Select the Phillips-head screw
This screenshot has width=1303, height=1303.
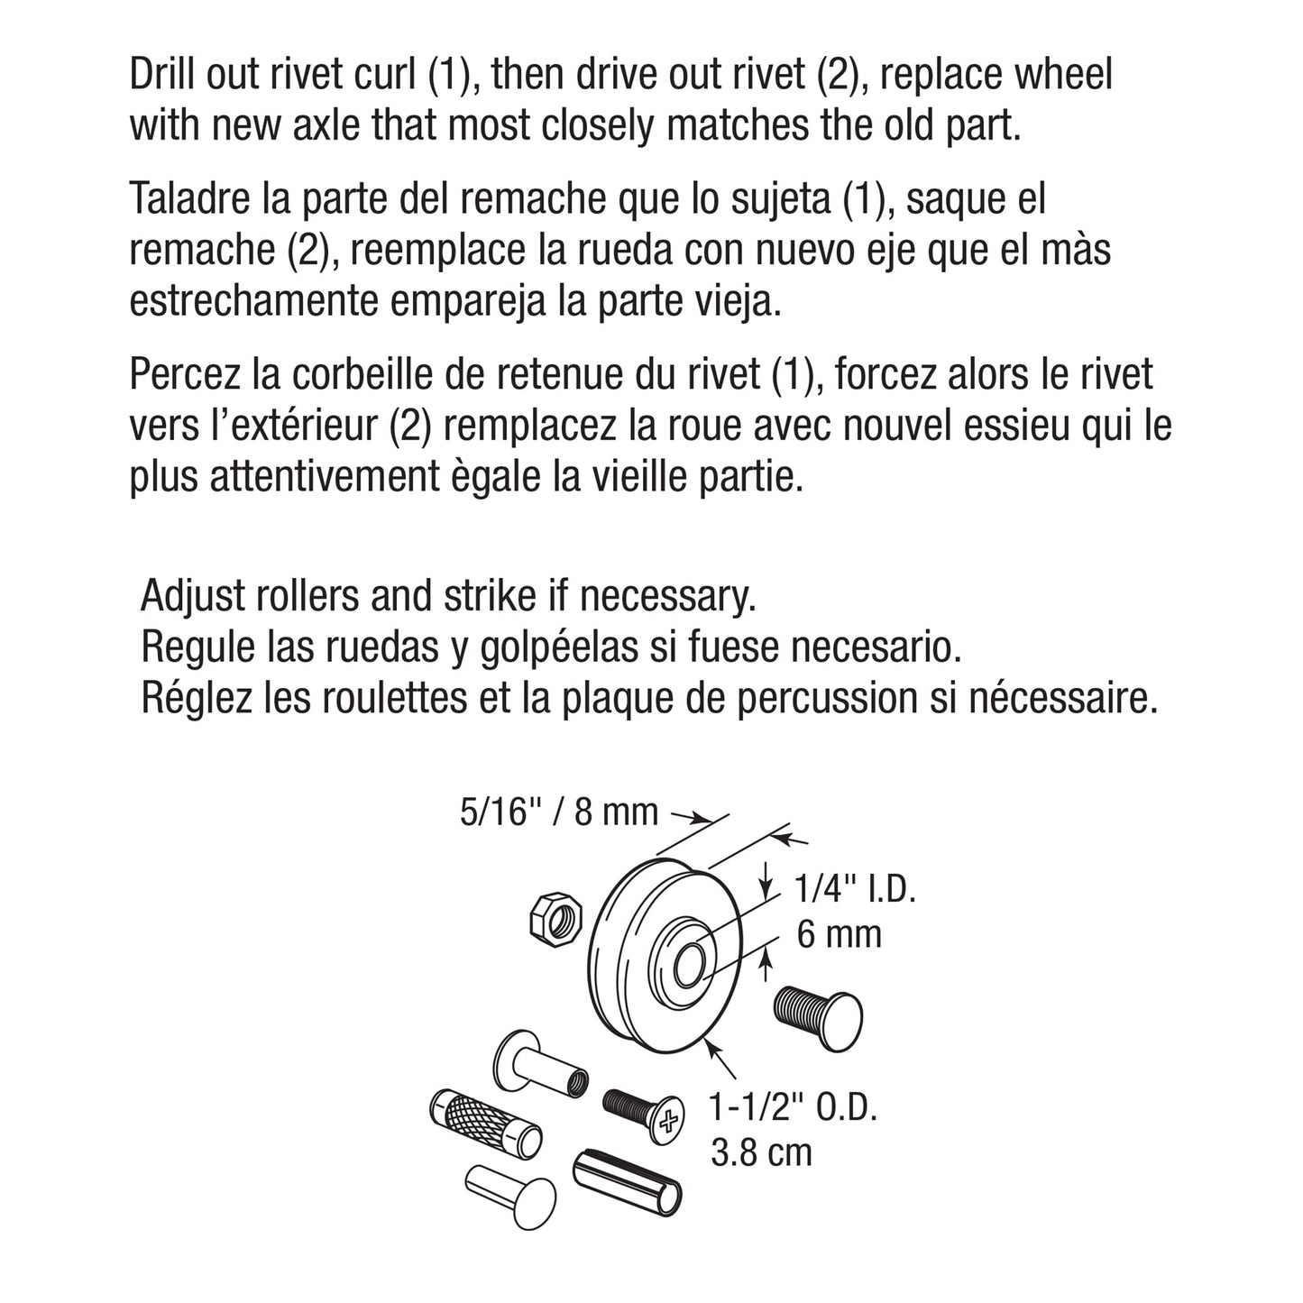click(641, 1112)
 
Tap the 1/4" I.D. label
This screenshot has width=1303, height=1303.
click(855, 891)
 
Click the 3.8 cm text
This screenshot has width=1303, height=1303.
click(761, 1152)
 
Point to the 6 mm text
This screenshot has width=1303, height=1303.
click(839, 934)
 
